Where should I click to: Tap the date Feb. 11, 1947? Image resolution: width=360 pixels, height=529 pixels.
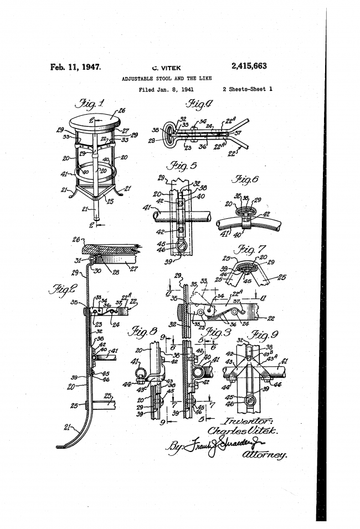point(75,68)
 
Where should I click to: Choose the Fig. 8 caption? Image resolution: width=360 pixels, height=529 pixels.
point(142,332)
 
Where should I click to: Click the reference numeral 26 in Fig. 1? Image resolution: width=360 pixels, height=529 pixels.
point(121,110)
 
